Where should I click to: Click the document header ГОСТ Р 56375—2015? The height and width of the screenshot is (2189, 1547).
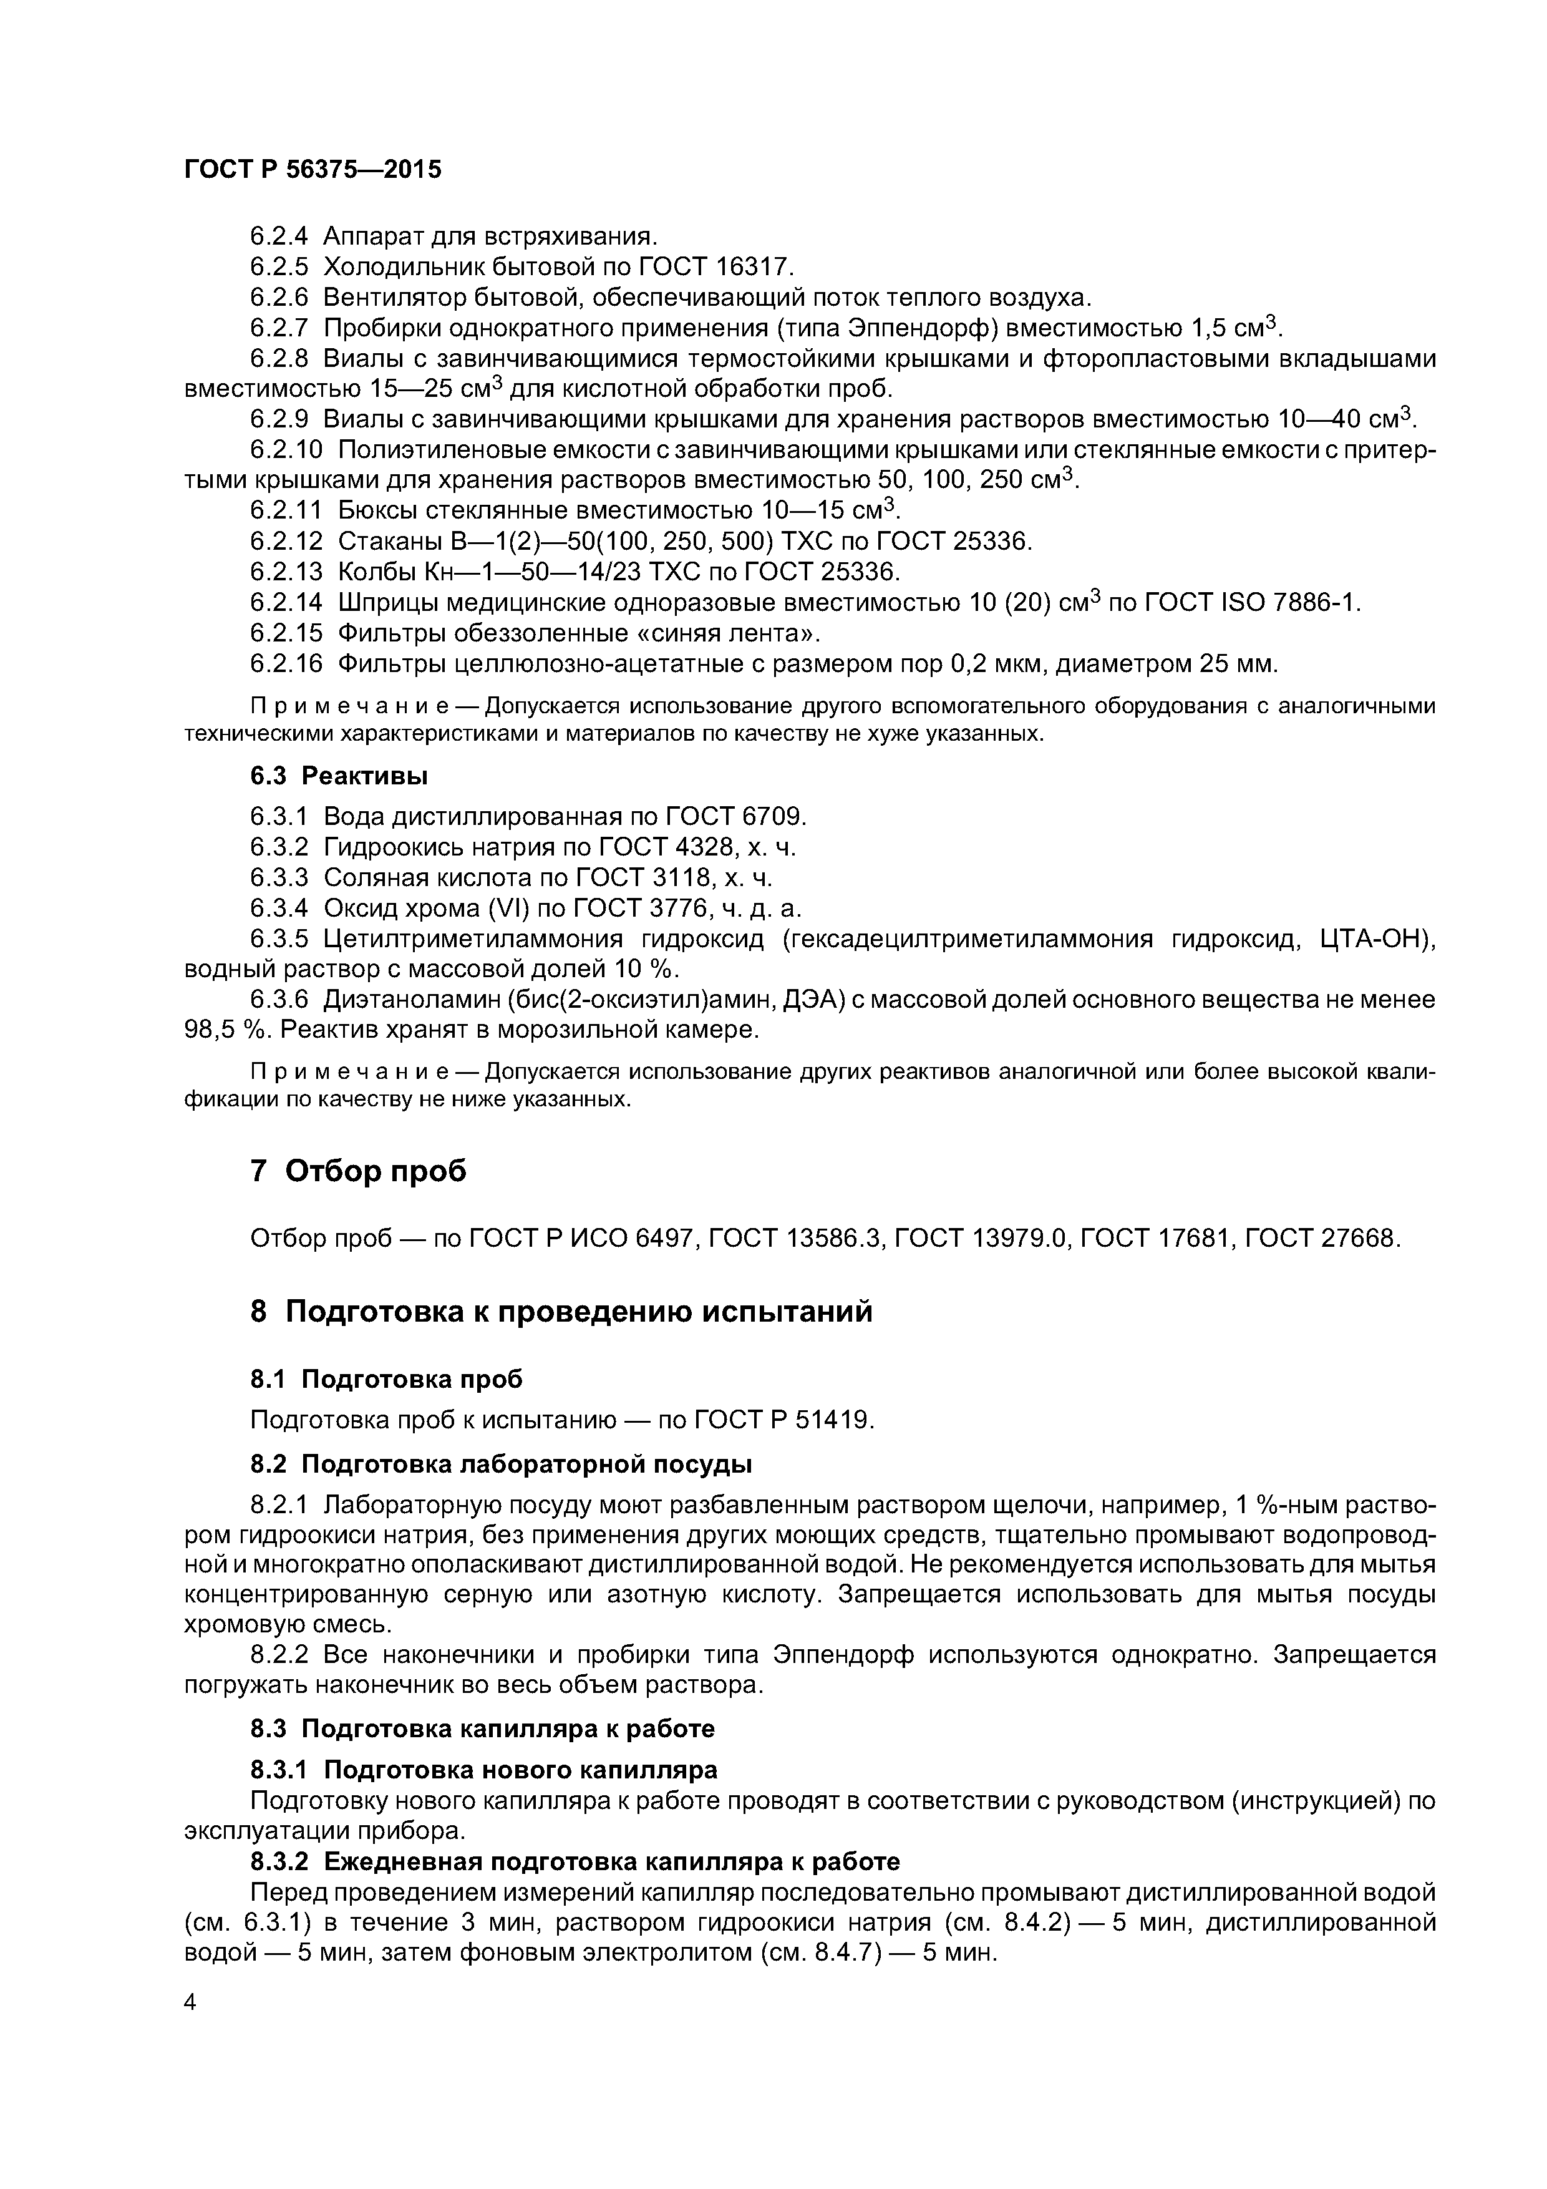pyautogui.click(x=313, y=170)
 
